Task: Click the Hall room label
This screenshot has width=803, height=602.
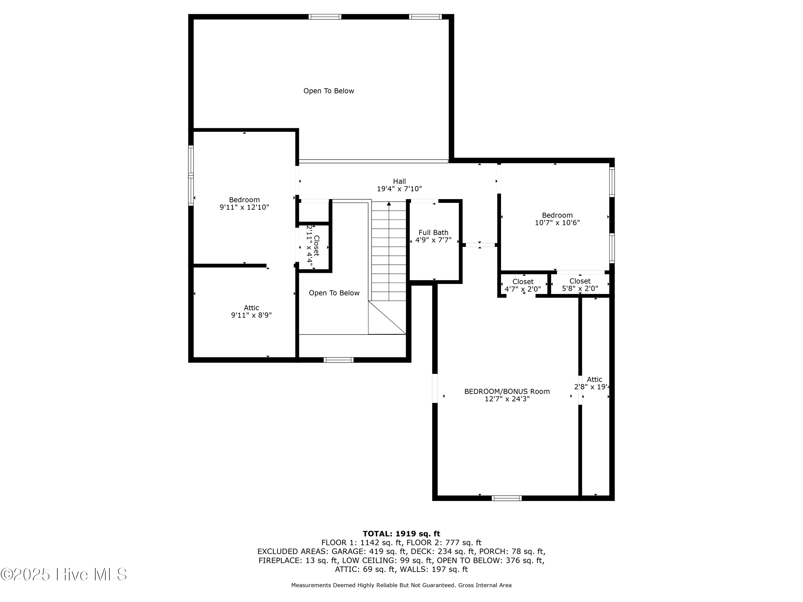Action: point(399,181)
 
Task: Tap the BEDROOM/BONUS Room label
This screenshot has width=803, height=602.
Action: point(507,391)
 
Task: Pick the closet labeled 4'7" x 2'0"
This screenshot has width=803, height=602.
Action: point(523,285)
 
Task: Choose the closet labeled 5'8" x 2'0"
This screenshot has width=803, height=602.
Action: point(580,285)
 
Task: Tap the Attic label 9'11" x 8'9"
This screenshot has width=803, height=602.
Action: point(251,312)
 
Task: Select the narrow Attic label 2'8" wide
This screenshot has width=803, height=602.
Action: point(594,383)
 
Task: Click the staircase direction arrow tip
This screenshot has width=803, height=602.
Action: point(389,204)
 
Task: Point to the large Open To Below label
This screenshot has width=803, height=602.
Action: point(328,91)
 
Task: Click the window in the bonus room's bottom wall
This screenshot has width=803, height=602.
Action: point(506,498)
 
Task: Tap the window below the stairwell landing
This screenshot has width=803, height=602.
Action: point(338,360)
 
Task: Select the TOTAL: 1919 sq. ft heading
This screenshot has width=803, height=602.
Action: point(401,534)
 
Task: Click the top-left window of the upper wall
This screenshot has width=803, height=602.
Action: point(325,17)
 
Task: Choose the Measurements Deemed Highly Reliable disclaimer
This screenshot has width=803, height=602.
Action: point(401,585)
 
